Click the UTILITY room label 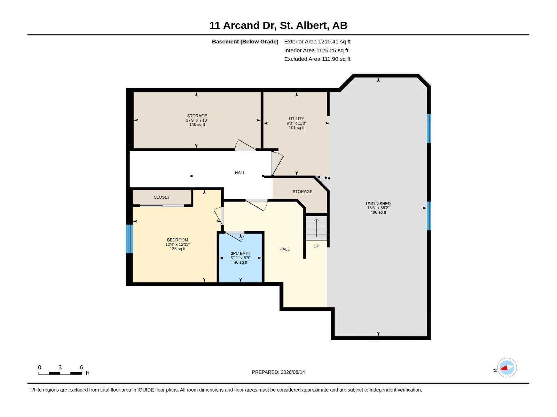296,119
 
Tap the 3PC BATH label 240,253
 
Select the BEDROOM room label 178,240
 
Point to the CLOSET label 162,197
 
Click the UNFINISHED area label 378,204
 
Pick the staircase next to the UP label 316,228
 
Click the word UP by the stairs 316,246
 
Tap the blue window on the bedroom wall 129,239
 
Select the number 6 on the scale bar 81,367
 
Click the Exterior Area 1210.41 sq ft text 317,41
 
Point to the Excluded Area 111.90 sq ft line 317,59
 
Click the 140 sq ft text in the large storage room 197,124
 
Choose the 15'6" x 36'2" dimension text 378,208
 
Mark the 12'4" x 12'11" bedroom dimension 178,244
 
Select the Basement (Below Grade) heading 245,41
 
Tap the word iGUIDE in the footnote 146,390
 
